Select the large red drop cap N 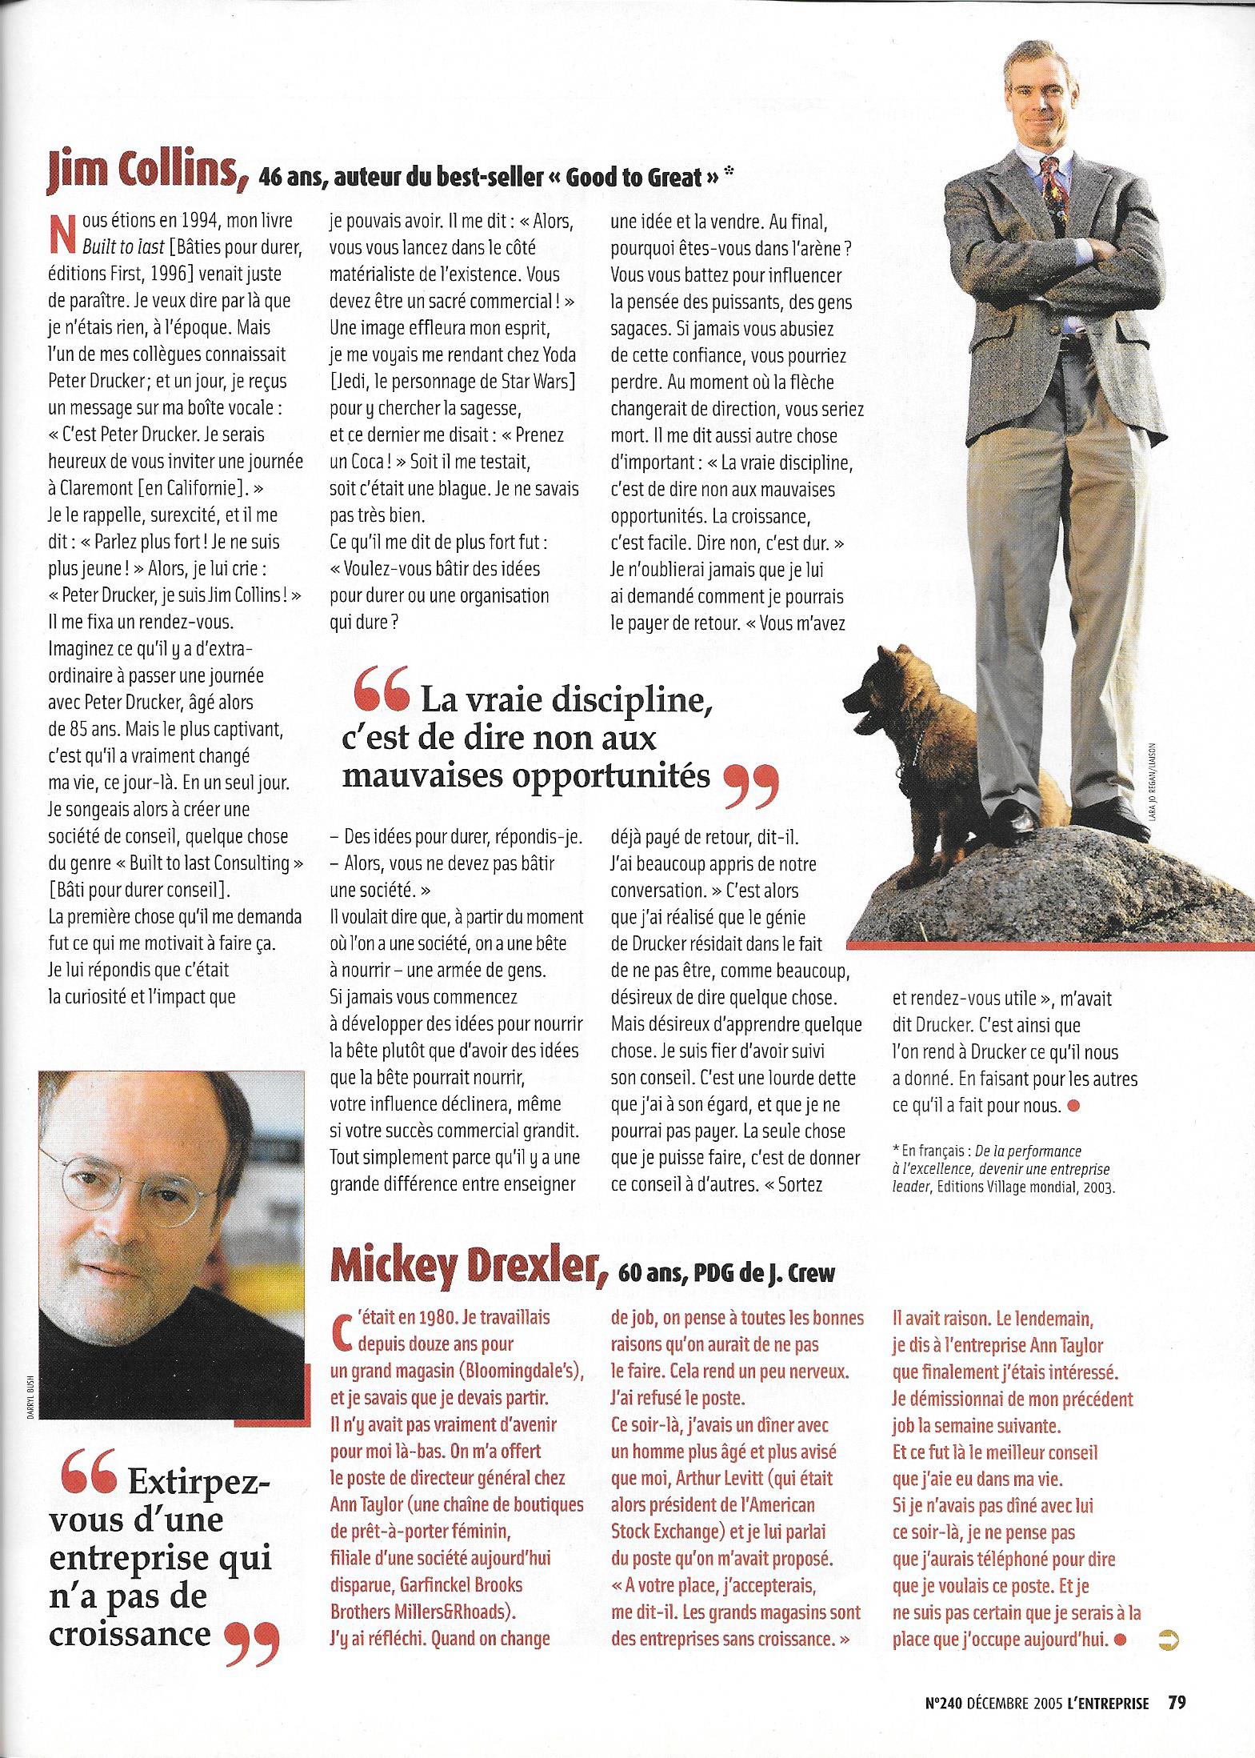pyautogui.click(x=58, y=232)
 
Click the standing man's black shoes pyautogui.click(x=1029, y=819)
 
